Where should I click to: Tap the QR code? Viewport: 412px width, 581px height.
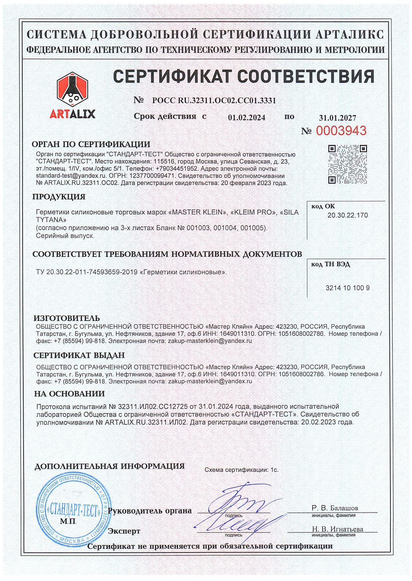(x=348, y=164)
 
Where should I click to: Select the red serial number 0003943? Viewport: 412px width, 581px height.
(x=341, y=131)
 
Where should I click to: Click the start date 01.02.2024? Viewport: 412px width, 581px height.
(x=247, y=118)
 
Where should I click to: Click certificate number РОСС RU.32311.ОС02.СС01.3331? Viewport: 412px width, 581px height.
(x=214, y=100)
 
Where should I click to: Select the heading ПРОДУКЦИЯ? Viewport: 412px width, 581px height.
(x=59, y=197)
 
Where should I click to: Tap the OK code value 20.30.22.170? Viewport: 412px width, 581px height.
(x=348, y=215)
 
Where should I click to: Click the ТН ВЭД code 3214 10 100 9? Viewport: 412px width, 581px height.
(x=348, y=288)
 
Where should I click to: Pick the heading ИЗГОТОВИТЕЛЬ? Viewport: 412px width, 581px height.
(x=67, y=319)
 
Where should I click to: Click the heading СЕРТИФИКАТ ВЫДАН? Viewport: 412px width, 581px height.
(x=79, y=355)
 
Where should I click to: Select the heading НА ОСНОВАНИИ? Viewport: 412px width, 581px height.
(x=69, y=394)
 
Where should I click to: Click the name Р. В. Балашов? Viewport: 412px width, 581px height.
(x=335, y=508)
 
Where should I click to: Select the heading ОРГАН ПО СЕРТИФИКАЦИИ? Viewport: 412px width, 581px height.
(x=91, y=144)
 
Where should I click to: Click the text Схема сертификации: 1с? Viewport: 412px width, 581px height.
(x=242, y=470)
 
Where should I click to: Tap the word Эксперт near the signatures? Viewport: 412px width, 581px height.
(x=124, y=531)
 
